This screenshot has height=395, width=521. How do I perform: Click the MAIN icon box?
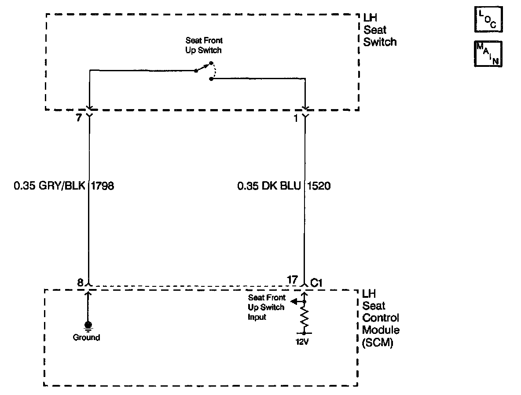coord(488,55)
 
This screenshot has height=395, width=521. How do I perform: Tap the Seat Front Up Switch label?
coord(204,45)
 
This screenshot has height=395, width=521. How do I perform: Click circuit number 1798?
coord(103,186)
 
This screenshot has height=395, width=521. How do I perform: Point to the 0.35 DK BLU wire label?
coord(269,186)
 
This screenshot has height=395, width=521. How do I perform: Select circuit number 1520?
coord(318,186)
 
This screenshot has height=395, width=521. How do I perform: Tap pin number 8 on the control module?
coord(80,282)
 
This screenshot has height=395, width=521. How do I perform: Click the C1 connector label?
coord(317,283)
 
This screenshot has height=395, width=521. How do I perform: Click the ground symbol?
coord(88,326)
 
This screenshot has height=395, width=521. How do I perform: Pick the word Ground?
coord(87,338)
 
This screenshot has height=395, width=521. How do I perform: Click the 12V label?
coord(303,341)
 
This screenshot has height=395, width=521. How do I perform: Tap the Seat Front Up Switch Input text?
coord(267,307)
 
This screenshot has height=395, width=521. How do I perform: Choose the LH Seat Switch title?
coord(379,30)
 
